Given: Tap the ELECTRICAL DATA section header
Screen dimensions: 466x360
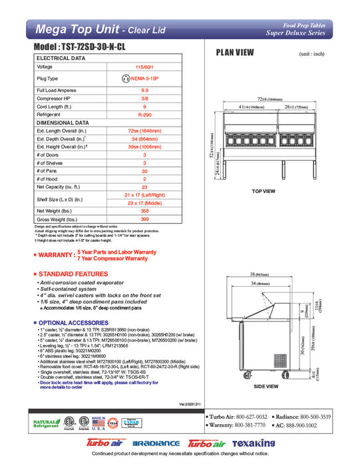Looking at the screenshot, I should click(61, 58).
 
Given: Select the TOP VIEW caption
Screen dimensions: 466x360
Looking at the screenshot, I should click(264, 191).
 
